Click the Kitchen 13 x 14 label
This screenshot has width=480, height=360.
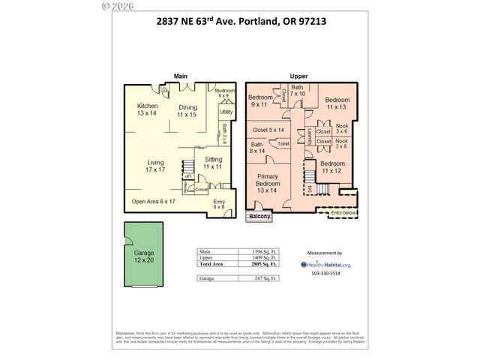point(147,110)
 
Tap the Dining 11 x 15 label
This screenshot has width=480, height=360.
point(187,111)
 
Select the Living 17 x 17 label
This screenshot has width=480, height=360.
point(155,166)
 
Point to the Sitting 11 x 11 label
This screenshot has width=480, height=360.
point(213,163)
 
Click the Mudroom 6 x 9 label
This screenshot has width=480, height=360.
point(223,94)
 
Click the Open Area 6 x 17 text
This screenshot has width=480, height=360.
point(153,202)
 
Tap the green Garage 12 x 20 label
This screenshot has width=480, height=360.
point(143,256)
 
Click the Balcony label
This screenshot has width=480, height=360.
point(259,217)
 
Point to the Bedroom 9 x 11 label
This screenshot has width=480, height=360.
point(261,102)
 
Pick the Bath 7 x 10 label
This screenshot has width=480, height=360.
point(298,91)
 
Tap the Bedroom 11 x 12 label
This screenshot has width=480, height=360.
point(331,166)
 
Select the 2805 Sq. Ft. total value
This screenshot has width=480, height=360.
point(264,264)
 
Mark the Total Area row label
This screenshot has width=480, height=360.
point(212,264)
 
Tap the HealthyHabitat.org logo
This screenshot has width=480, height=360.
point(325,264)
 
